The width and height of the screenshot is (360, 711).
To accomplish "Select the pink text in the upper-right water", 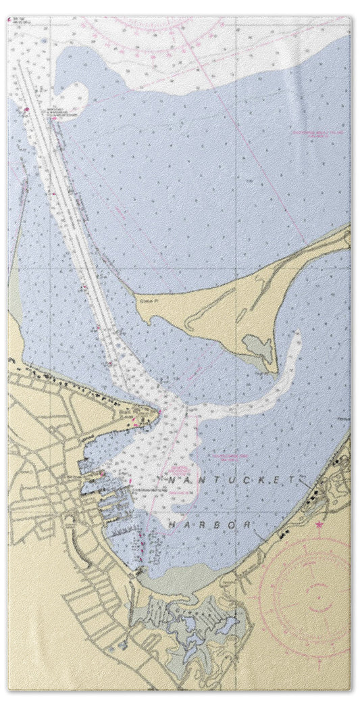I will (x=317, y=133).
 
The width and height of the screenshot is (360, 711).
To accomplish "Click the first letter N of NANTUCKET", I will (x=170, y=479).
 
